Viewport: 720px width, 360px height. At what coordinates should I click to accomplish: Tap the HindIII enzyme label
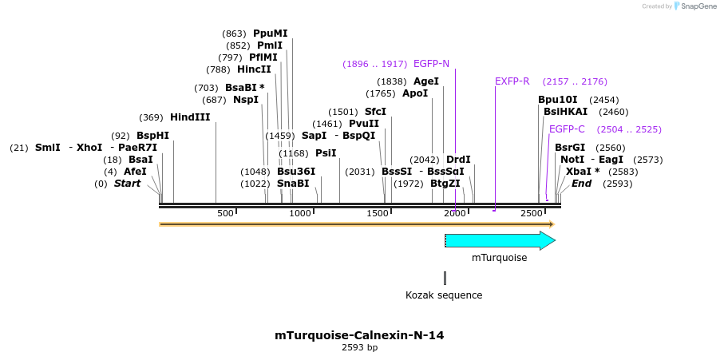(x=190, y=117)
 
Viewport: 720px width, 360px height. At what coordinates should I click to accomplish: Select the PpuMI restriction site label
(x=270, y=34)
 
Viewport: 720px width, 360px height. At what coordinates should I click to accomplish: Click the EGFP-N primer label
(x=431, y=64)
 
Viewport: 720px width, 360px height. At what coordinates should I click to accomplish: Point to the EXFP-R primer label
(x=512, y=81)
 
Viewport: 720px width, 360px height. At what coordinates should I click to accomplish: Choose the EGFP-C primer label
(x=567, y=129)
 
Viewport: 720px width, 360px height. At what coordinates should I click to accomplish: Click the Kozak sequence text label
(x=444, y=295)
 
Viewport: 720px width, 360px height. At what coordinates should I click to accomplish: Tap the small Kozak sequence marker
(x=445, y=278)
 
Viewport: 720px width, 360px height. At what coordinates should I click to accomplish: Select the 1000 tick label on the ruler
(x=300, y=213)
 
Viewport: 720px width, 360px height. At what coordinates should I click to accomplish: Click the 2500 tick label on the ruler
(x=532, y=213)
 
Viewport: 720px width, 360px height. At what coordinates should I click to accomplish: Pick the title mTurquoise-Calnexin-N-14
(x=359, y=335)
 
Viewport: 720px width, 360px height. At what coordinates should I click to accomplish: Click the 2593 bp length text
(x=359, y=348)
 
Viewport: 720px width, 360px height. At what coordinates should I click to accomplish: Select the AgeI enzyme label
(x=426, y=81)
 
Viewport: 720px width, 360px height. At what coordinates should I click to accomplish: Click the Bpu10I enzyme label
(x=557, y=100)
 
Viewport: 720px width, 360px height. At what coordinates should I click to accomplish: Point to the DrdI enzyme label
(x=458, y=160)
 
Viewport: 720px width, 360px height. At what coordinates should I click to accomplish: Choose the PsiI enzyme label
(x=326, y=153)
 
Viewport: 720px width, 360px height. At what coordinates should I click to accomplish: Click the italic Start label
(x=127, y=184)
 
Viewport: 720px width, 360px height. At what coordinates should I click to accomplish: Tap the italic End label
(x=582, y=184)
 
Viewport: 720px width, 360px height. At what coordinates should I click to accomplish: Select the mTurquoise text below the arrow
(x=499, y=258)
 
